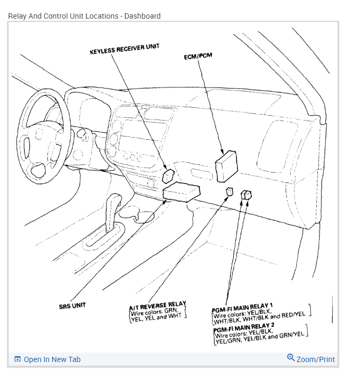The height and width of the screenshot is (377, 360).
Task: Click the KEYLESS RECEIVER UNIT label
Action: coord(125,49)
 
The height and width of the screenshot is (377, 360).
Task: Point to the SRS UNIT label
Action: coord(72,306)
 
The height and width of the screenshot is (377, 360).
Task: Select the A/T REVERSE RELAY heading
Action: coord(158,304)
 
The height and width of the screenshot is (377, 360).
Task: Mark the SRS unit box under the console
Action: coord(182,192)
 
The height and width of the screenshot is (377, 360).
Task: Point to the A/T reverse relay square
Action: coord(230,191)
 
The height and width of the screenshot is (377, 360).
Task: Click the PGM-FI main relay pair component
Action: coord(246,195)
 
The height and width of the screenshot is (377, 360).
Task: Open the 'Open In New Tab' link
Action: coord(52,359)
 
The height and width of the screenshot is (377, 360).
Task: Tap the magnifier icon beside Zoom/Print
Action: coord(291,358)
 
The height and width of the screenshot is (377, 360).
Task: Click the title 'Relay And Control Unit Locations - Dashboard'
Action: coord(84,16)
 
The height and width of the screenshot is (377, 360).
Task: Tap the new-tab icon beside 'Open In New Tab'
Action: coord(18,359)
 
